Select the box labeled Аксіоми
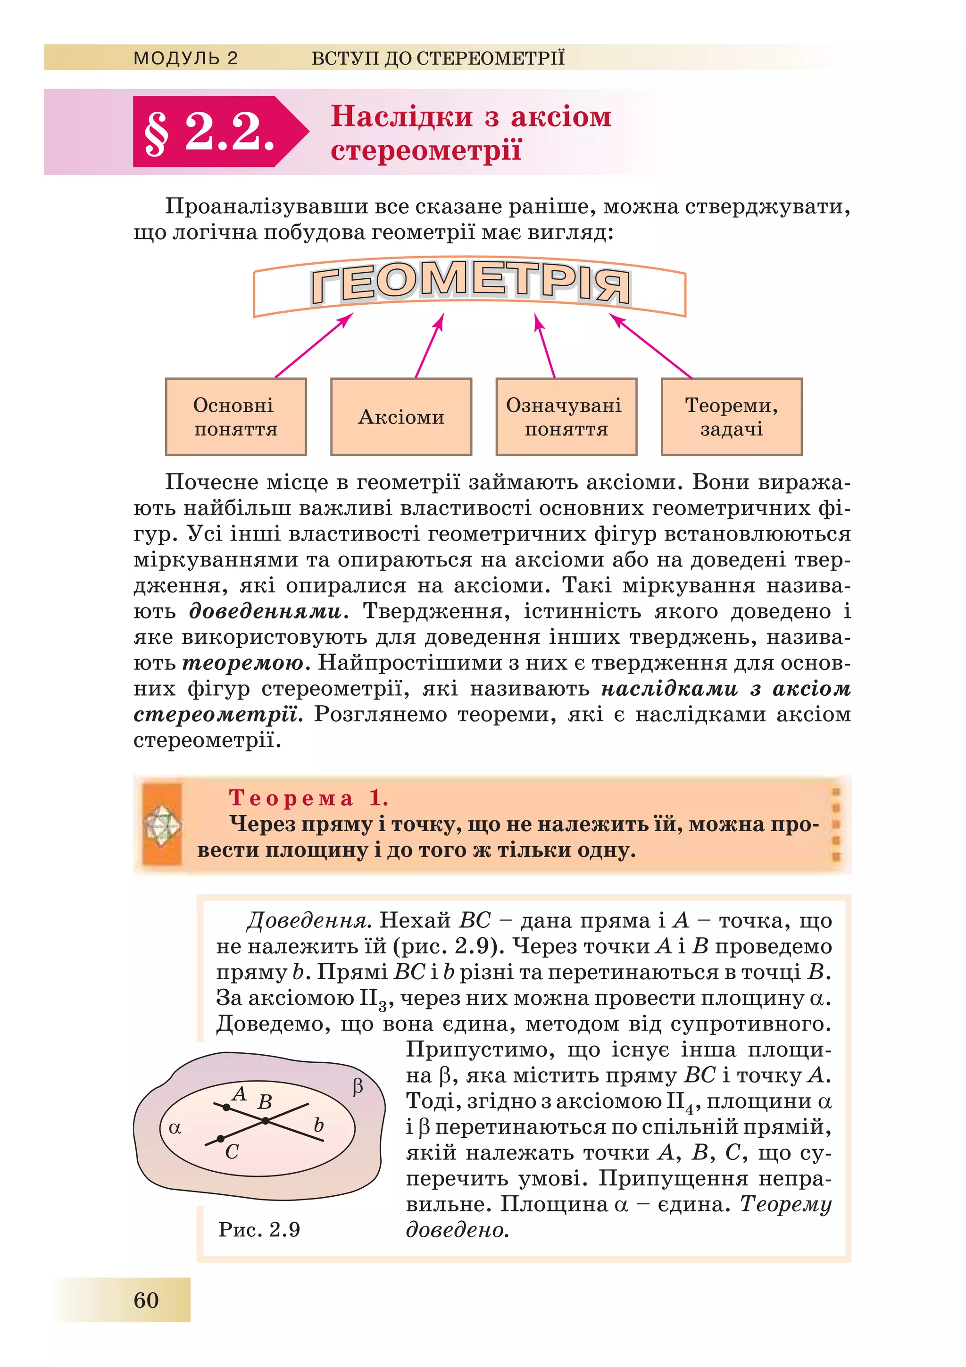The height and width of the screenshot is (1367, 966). pyautogui.click(x=401, y=417)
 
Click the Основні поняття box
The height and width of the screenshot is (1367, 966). pyautogui.click(x=236, y=417)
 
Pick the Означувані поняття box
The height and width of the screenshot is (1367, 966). pyautogui.click(x=566, y=417)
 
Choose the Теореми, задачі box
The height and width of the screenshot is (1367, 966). pyautogui.click(x=732, y=417)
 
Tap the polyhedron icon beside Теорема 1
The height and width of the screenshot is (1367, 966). pyautogui.click(x=162, y=825)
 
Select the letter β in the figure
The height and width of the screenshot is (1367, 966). pyautogui.click(x=357, y=1087)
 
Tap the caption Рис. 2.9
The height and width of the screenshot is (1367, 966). pyautogui.click(x=259, y=1229)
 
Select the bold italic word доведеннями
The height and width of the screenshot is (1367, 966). pyautogui.click(x=266, y=611)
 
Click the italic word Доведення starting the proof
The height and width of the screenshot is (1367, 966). pyautogui.click(x=309, y=921)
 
